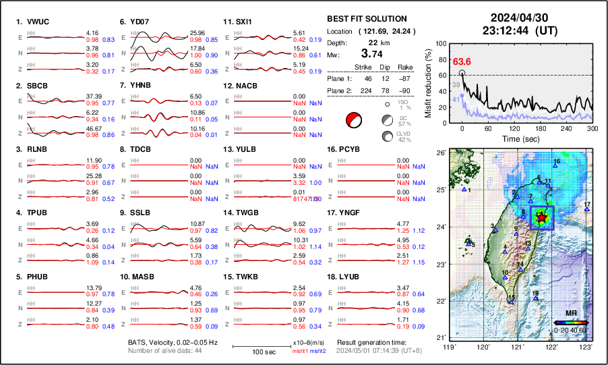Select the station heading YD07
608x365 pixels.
point(139,22)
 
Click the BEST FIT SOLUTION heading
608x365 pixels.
point(367,19)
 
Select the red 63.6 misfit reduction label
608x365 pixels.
point(462,61)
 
